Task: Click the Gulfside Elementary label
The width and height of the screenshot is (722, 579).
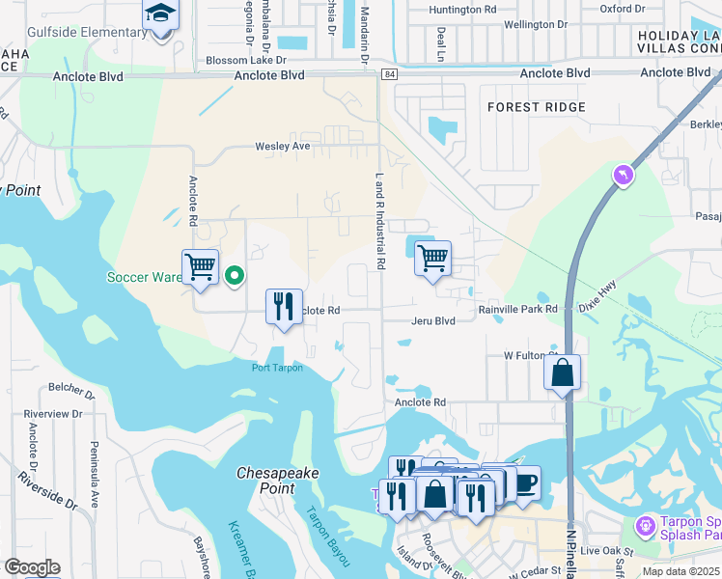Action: (88, 33)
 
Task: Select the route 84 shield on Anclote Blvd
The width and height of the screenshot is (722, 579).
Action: (388, 74)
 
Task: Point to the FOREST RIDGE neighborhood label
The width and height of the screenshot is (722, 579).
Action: (536, 107)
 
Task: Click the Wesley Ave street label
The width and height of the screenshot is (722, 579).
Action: (282, 147)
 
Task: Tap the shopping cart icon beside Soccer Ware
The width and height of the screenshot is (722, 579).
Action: (200, 266)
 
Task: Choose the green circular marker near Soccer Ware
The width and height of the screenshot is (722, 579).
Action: (234, 277)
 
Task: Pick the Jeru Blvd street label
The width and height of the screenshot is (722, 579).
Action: (432, 321)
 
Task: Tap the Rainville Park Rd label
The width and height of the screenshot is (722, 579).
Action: (518, 310)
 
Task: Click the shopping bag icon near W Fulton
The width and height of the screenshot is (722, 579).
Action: (562, 372)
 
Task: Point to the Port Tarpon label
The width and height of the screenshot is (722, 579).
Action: (277, 368)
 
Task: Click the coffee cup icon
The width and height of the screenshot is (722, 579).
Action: (523, 482)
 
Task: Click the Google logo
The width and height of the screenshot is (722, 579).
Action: (32, 567)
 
